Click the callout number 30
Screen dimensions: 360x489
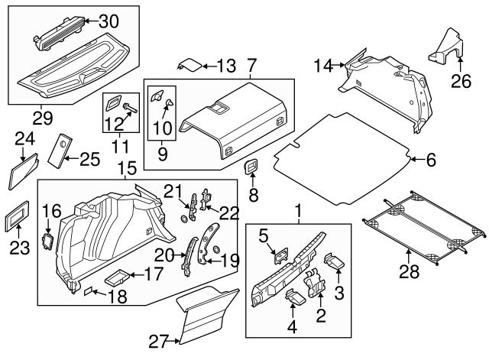click(109, 21)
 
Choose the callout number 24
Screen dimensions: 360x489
click(24, 138)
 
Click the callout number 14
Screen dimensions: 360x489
click(323, 66)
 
